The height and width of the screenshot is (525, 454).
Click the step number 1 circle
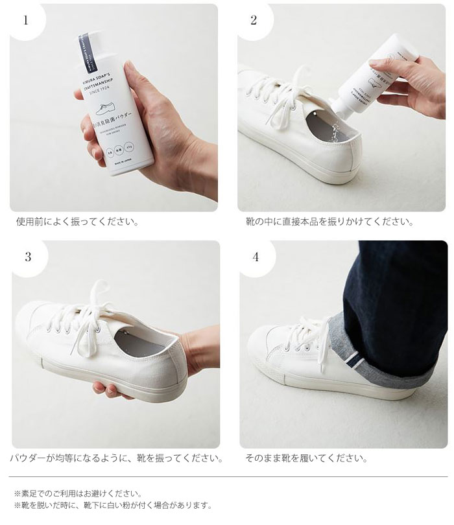pyautogui.click(x=26, y=20)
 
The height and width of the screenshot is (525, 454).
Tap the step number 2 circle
pyautogui.click(x=254, y=20)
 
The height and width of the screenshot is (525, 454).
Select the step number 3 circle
pyautogui.click(x=27, y=257)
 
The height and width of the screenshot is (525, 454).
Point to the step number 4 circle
pyautogui.click(x=256, y=257)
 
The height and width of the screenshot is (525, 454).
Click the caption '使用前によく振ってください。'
pyautogui.click(x=77, y=222)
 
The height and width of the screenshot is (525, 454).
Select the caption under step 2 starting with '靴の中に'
pyautogui.click(x=329, y=222)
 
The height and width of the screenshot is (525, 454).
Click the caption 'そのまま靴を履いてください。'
pyautogui.click(x=306, y=458)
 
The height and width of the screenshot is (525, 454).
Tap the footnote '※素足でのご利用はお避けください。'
pyautogui.click(x=77, y=493)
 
